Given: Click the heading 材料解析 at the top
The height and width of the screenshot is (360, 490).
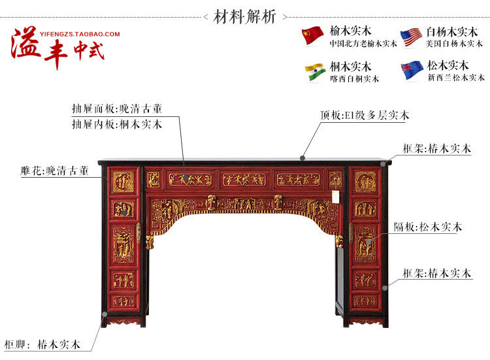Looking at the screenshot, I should (245, 16).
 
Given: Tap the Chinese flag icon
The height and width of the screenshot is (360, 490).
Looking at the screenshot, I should (312, 36).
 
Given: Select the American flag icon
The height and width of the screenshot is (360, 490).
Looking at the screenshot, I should (410, 37).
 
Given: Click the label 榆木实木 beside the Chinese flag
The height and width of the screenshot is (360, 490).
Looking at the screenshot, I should (351, 31).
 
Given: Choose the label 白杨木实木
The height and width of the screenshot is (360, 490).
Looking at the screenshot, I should (451, 31).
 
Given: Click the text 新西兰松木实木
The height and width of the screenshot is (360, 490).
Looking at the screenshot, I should (456, 78).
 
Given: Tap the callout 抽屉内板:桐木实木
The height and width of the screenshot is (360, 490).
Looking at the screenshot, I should (117, 123).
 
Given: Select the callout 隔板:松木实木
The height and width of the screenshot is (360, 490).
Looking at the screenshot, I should (428, 227).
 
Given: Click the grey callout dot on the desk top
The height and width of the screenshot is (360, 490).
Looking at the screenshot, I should (302, 157).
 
